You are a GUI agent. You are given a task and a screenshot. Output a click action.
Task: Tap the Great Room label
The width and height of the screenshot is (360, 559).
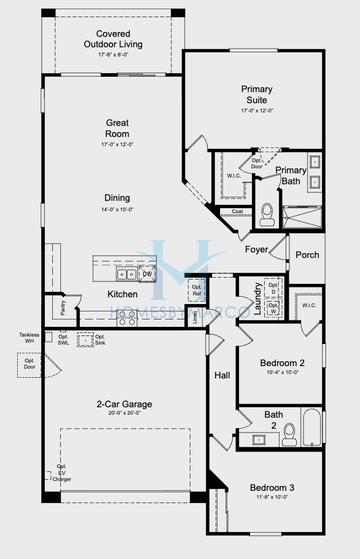tap(117, 128)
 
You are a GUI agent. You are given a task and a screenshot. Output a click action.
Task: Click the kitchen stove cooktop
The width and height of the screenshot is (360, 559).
tap(127, 315)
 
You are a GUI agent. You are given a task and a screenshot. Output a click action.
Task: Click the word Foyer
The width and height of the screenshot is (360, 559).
tap(257, 248)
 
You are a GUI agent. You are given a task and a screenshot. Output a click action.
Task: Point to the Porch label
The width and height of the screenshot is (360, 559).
tap(307, 254)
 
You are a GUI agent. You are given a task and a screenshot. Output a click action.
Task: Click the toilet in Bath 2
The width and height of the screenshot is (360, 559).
tap(289, 431)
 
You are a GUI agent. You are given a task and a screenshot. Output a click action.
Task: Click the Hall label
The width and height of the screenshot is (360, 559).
tap(222, 376)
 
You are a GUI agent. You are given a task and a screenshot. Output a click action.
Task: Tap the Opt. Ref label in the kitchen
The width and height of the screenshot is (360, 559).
tap(196, 290)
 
